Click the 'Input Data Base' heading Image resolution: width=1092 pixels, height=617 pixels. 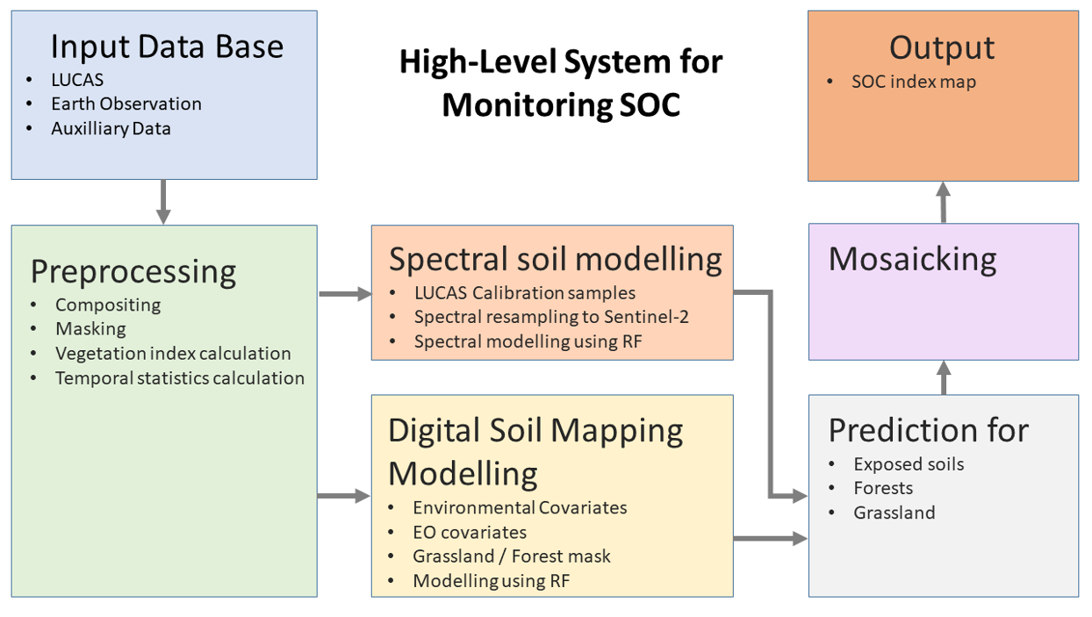tap(167, 46)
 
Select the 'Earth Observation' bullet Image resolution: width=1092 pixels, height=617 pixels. tap(126, 104)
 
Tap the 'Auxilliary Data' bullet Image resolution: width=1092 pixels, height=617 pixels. tap(111, 128)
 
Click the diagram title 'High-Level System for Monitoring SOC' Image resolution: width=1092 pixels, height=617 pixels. tap(562, 83)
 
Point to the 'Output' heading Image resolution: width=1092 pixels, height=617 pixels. tap(942, 47)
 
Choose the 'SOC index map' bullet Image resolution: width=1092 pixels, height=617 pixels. tap(913, 82)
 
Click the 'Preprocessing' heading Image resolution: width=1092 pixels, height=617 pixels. tap(133, 271)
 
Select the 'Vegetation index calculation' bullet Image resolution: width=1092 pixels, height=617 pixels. tap(173, 354)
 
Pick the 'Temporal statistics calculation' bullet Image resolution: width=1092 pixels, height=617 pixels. tap(180, 378)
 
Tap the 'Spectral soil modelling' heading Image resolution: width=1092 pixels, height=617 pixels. tap(555, 259)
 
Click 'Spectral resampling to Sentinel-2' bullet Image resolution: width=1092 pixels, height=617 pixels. tap(551, 317)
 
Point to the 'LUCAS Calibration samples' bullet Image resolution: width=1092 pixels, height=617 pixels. tap(524, 292)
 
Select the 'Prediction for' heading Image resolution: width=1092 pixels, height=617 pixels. tap(929, 430)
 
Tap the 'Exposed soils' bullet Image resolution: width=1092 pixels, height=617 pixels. tap(909, 464)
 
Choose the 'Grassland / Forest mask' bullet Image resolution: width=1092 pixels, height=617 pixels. tap(511, 556)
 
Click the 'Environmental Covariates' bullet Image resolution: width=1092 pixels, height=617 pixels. tap(520, 507)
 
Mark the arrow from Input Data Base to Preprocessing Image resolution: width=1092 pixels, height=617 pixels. tap(163, 202)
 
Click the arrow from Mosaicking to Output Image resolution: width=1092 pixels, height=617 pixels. tap(943, 202)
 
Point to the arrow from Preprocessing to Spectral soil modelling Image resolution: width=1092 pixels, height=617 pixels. tap(344, 294)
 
